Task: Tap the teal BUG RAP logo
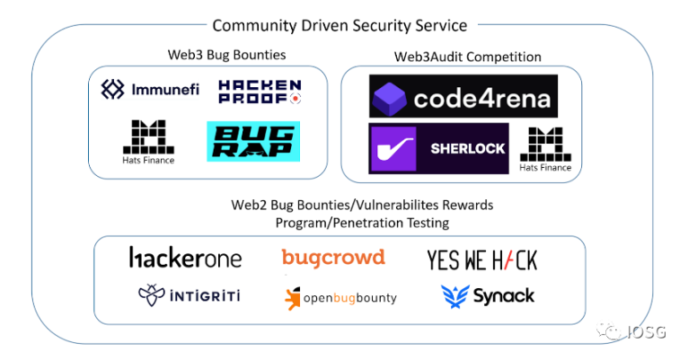[252, 141]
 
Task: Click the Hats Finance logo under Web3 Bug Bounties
[149, 142]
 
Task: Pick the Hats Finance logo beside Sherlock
[545, 149]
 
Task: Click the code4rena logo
[463, 96]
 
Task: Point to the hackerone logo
[185, 259]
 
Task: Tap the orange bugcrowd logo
[333, 258]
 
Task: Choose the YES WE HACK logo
[481, 260]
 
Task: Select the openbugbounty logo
[340, 297]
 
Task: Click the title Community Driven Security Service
[339, 26]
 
